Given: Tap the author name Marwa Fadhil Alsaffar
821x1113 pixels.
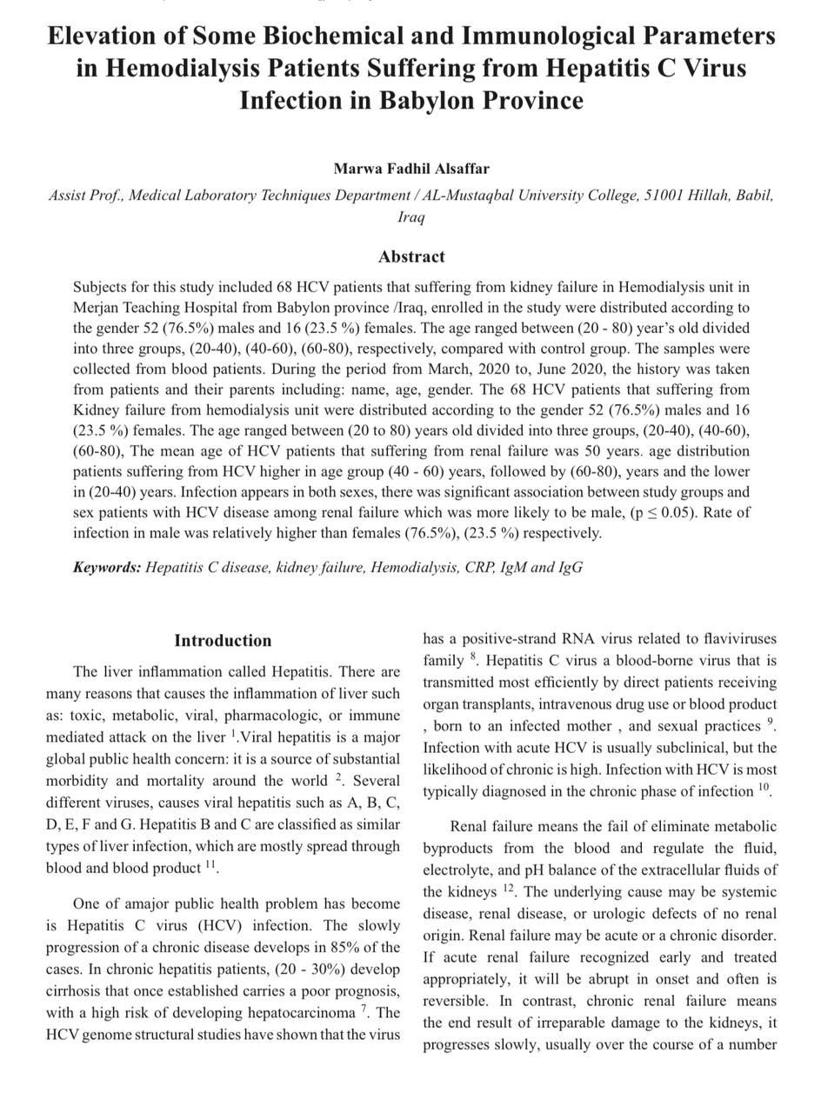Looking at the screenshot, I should (x=410, y=169).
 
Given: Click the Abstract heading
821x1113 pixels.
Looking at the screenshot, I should (x=411, y=257).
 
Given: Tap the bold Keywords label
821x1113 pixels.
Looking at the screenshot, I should (x=106, y=568).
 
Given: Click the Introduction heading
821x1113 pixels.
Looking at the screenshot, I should (x=223, y=641).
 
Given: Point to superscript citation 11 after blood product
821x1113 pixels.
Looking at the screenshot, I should (x=210, y=865).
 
